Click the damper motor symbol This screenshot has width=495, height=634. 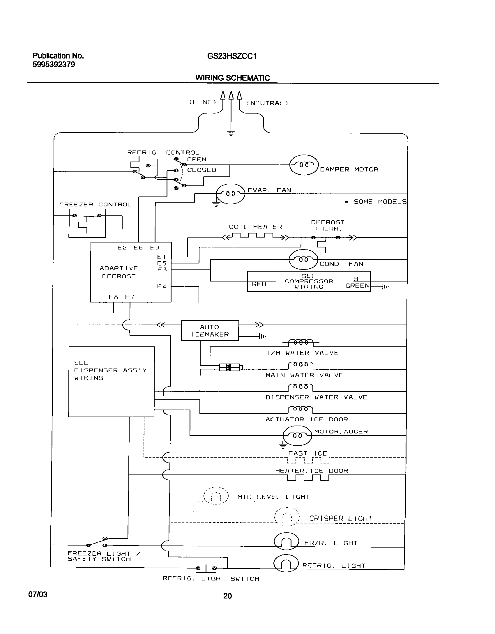tap(304, 165)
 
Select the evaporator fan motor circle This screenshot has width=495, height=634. tap(230, 194)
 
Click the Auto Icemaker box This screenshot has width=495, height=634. tap(210, 330)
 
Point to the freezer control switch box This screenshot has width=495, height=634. tap(87, 223)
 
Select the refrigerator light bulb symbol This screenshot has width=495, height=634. tap(286, 565)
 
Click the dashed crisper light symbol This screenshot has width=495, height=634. tap(287, 517)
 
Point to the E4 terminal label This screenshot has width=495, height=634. tap(162, 286)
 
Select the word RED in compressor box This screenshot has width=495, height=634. tap(259, 284)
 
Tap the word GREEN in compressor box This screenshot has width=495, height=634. tap(357, 286)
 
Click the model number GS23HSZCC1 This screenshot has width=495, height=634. tap(232, 56)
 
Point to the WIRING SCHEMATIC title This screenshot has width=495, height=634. tap(232, 78)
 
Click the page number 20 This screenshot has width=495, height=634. tap(227, 596)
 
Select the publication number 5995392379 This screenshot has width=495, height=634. tap(54, 64)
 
